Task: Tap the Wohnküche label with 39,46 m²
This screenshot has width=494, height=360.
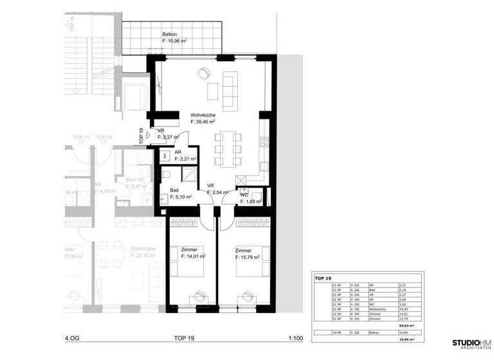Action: pyautogui.click(x=202, y=113)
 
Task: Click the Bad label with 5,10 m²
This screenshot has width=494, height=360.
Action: pyautogui.click(x=174, y=190)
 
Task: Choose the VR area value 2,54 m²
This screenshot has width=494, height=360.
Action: pyautogui.click(x=214, y=193)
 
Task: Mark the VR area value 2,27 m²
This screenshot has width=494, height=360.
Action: pyautogui.click(x=170, y=137)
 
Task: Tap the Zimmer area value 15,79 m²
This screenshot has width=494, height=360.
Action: pyautogui.click(x=247, y=257)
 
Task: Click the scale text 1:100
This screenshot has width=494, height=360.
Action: pyautogui.click(x=295, y=337)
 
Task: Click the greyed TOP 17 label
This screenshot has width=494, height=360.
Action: pyautogui.click(x=81, y=138)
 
